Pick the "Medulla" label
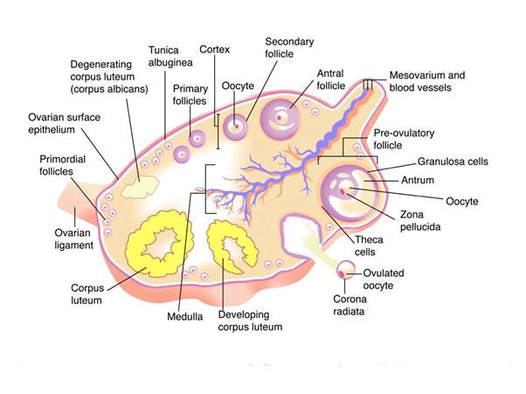[186, 316]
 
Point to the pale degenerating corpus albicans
[140, 186]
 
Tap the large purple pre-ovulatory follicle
[349, 191]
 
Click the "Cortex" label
[215, 50]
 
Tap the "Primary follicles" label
[190, 95]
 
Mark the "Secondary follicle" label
[289, 47]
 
